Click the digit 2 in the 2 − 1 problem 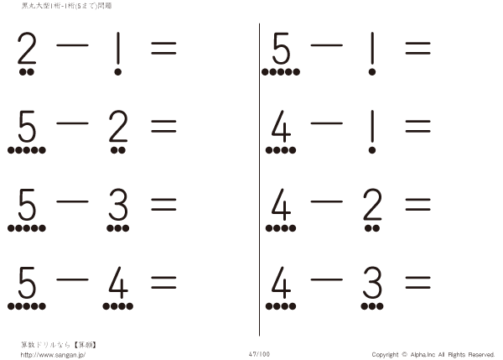pos(28,51)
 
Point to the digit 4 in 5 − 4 pos(118,285)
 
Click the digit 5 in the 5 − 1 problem pos(281,51)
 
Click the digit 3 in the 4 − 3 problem pos(370,285)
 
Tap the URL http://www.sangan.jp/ pos(53,354)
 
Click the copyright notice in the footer pos(434,354)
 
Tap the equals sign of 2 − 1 pos(163,49)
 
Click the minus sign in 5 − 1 pos(325,46)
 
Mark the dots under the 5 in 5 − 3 pos(26,227)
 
